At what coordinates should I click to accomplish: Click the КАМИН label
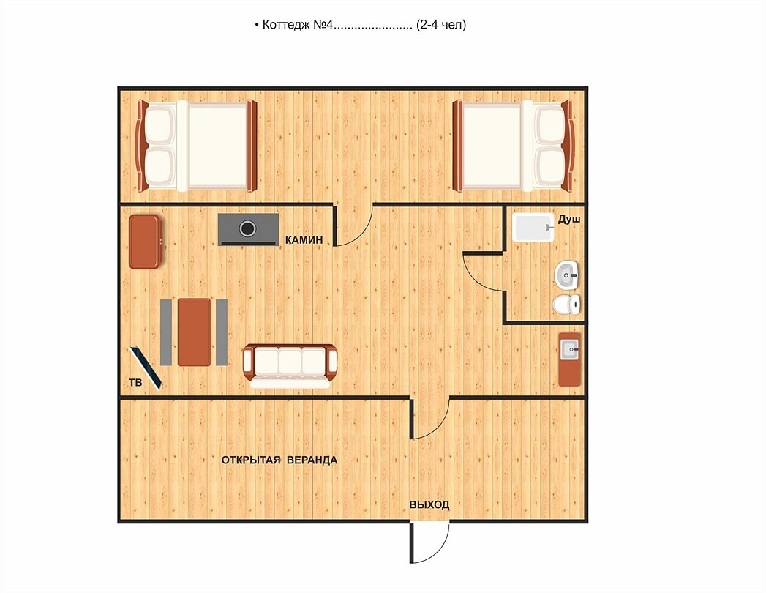coord(304,240)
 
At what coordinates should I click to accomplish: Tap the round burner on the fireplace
coord(248,228)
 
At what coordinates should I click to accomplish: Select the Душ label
coord(569,220)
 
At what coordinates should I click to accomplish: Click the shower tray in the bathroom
coord(533,228)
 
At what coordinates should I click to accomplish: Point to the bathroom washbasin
coord(567,275)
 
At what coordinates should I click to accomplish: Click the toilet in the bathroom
coord(567,305)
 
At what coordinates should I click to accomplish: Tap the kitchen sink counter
coord(570,359)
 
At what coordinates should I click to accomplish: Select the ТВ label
coord(136,382)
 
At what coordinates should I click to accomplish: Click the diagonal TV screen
coord(146,368)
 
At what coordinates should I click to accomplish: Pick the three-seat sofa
coord(290,365)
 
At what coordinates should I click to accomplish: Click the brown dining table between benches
coord(194,332)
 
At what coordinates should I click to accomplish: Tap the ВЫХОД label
coord(429,504)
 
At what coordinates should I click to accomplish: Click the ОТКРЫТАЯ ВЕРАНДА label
coord(279,460)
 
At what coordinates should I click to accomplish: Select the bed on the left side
coord(196,146)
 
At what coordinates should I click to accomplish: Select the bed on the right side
coord(513,146)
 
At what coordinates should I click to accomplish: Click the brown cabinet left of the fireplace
coord(145,242)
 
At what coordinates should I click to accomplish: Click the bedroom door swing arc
coord(362,233)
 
